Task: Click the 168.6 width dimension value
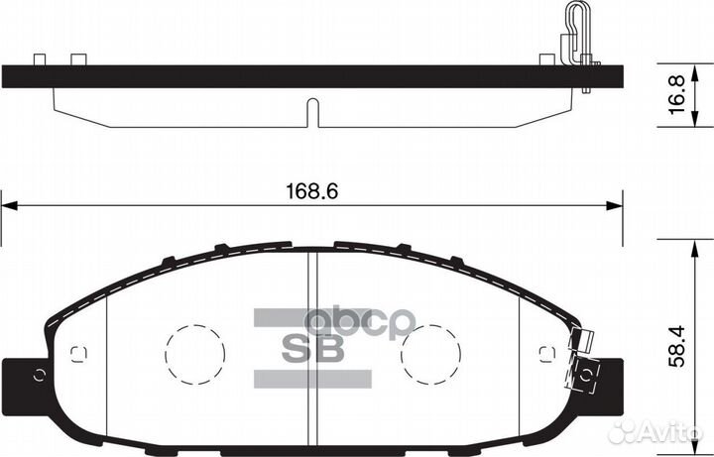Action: [x=312, y=192]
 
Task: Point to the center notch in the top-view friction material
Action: [x=312, y=112]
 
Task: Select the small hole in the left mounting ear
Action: [x=40, y=374]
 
